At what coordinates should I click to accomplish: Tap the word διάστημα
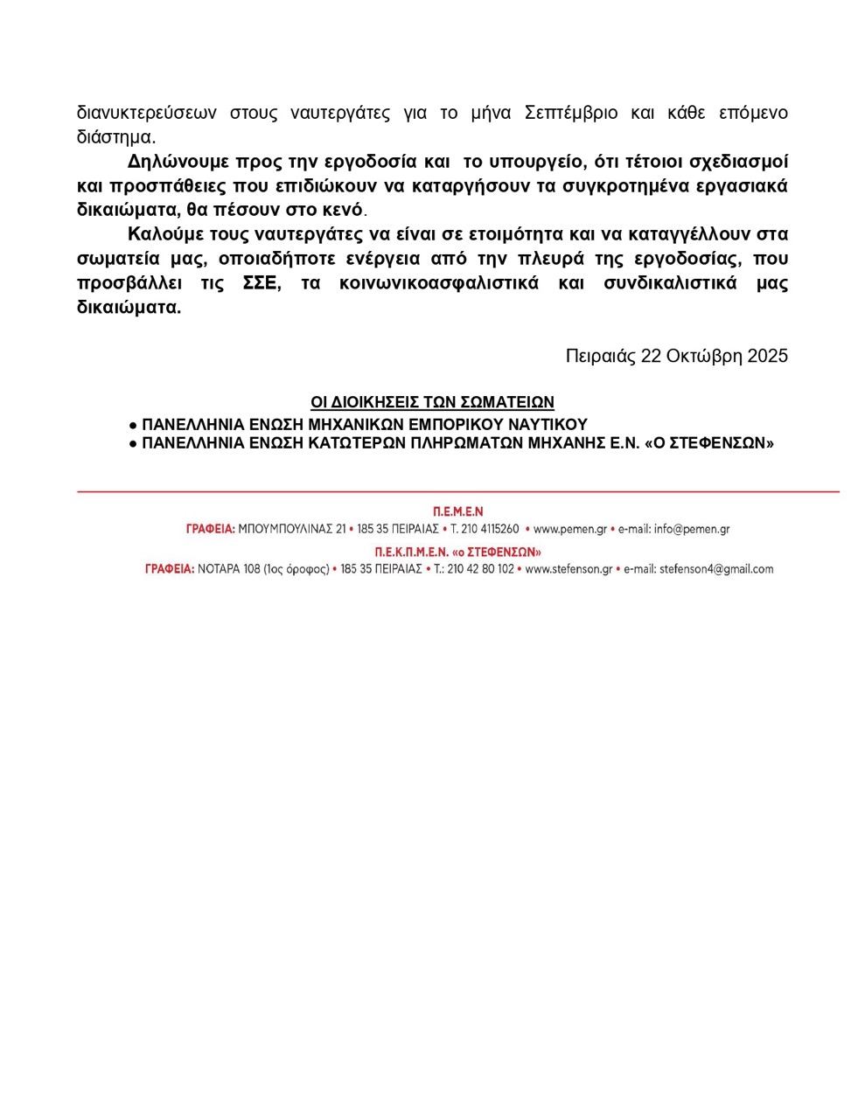[x=115, y=138]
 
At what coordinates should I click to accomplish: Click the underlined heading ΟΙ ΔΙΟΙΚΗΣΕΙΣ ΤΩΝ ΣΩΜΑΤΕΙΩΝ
[x=432, y=402]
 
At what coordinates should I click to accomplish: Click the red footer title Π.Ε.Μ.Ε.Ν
[x=457, y=511]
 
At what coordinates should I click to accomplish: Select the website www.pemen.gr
[x=570, y=529]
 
